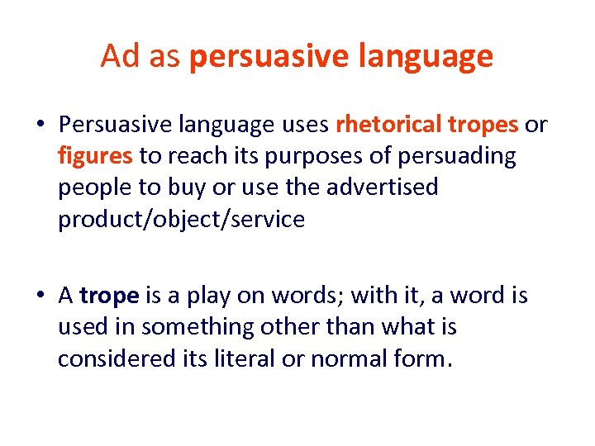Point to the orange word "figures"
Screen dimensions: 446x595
point(95,156)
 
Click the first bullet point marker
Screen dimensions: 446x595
point(40,126)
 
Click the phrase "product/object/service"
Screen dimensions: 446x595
point(181,219)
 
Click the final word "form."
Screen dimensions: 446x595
point(425,358)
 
